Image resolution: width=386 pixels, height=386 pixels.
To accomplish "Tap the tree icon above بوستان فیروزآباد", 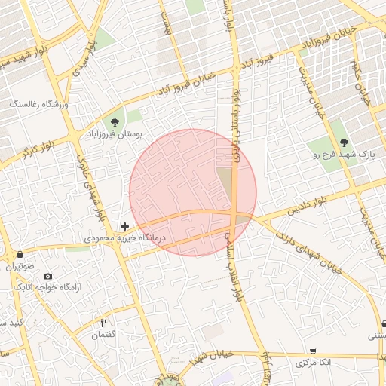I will (115, 121).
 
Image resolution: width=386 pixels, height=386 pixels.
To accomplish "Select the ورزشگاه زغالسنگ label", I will (38, 103).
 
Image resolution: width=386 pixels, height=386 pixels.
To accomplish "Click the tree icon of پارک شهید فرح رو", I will (344, 142).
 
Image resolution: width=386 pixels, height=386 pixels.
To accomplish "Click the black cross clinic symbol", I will (124, 225).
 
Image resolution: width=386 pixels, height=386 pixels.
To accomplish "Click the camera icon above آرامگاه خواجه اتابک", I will (48, 277).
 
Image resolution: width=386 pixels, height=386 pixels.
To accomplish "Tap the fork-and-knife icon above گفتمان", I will (104, 323).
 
